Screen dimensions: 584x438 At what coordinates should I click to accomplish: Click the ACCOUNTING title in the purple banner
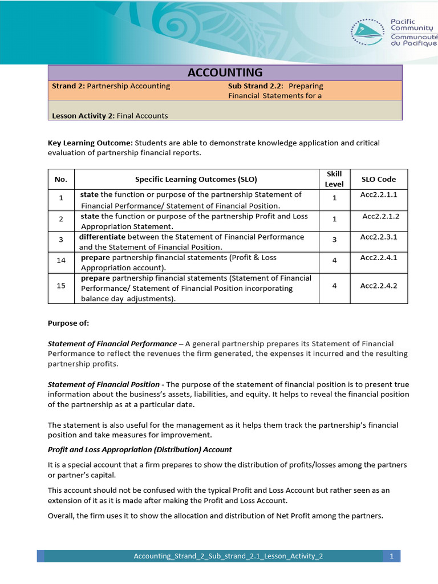click(x=225, y=72)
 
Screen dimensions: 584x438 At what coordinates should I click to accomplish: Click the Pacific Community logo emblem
click(x=368, y=31)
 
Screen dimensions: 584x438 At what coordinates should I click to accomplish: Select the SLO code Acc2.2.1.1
click(x=379, y=194)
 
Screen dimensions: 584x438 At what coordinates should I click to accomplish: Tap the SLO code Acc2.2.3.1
click(x=379, y=237)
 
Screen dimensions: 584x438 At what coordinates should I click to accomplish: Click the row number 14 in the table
click(x=61, y=259)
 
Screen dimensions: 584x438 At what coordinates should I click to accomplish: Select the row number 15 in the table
click(x=61, y=285)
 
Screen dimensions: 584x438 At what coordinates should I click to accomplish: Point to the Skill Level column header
click(x=334, y=179)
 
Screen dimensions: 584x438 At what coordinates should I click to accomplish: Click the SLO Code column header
click(x=379, y=179)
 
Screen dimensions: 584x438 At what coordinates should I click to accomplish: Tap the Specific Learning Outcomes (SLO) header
click(x=196, y=179)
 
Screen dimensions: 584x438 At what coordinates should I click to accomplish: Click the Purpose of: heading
click(x=68, y=323)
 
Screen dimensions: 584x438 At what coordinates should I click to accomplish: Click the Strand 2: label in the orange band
click(x=68, y=86)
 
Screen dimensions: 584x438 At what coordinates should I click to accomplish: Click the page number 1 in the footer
click(x=392, y=556)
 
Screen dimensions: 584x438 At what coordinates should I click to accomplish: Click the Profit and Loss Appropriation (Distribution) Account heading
click(x=140, y=449)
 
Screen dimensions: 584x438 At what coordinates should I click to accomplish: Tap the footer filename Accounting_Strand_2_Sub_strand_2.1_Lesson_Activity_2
click(x=228, y=556)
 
